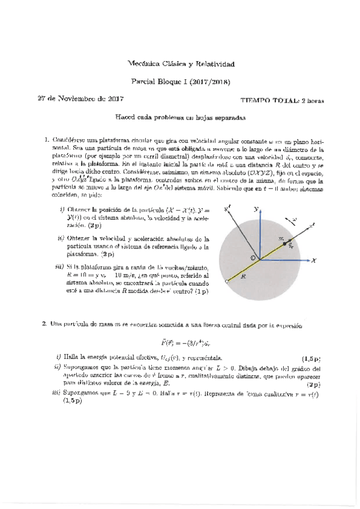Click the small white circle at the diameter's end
[226, 280]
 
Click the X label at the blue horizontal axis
[313, 261]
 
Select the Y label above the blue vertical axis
[256, 193]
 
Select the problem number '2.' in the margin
[44, 324]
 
